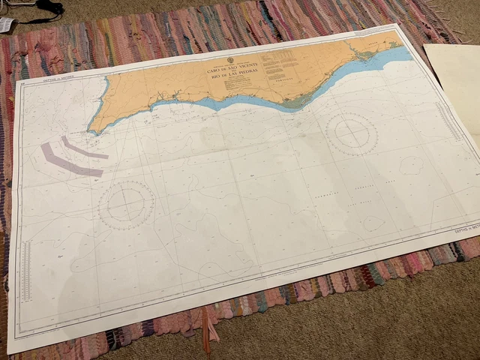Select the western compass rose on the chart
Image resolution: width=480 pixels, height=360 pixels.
[x=127, y=204]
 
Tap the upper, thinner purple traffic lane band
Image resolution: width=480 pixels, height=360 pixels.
[x=84, y=148]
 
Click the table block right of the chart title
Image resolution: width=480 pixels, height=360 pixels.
[x=281, y=62]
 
